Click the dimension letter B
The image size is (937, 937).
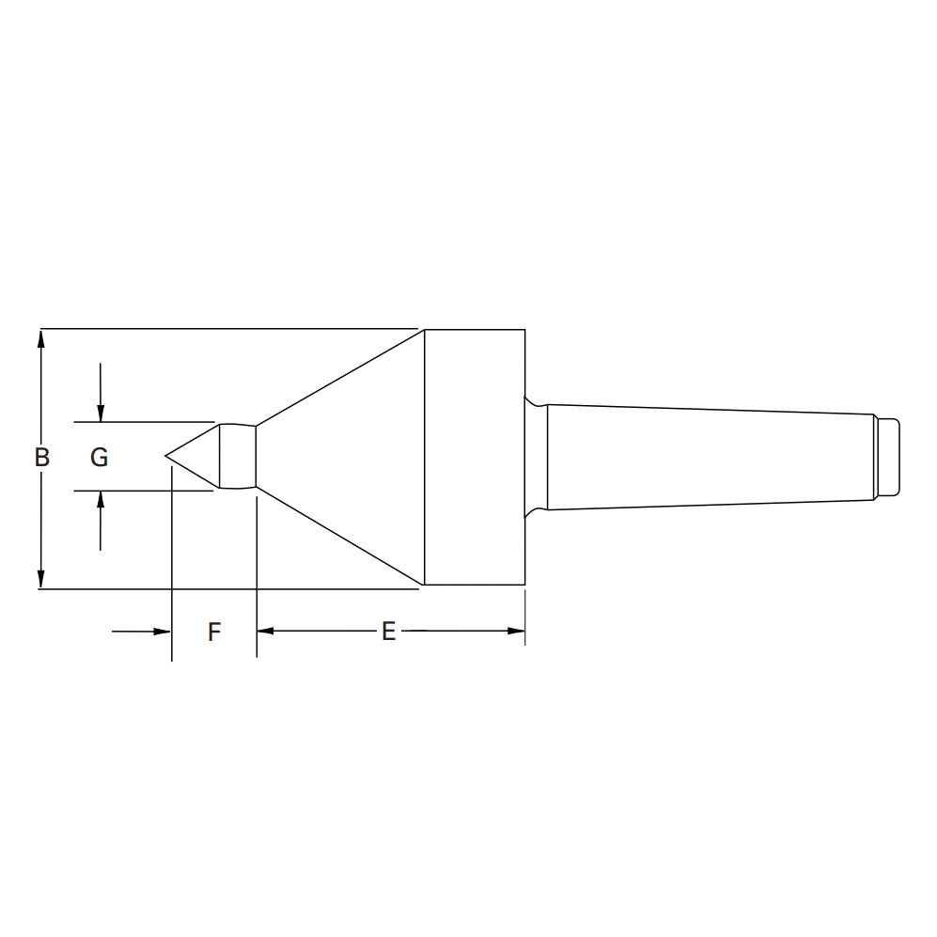(41, 458)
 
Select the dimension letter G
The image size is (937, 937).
(99, 458)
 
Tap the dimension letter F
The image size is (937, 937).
(214, 632)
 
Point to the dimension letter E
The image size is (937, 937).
(388, 632)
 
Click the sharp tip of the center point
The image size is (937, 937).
(166, 456)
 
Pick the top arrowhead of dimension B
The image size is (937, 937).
(40, 336)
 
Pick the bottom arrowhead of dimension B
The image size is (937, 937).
(40, 581)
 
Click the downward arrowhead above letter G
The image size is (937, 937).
(101, 414)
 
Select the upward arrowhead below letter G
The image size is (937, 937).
(101, 498)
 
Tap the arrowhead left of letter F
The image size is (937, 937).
(163, 631)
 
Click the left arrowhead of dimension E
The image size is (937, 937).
(265, 631)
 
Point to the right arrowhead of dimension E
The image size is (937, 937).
(516, 631)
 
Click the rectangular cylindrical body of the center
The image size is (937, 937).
(475, 457)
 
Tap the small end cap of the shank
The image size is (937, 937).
(887, 457)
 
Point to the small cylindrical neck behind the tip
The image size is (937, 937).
(238, 457)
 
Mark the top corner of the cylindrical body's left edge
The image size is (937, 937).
(425, 330)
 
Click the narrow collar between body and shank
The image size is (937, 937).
(536, 457)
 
